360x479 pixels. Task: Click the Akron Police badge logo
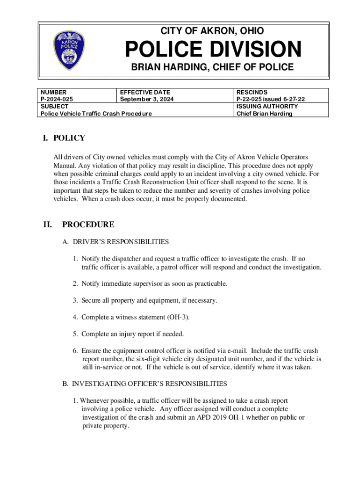point(70,51)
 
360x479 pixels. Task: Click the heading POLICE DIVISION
point(212,50)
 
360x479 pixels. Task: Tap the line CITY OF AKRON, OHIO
point(212,31)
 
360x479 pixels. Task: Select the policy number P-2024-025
point(57,99)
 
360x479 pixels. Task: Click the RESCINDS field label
point(252,92)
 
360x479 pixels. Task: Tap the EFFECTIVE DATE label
point(145,92)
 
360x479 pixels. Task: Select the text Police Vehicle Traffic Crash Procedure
point(96,114)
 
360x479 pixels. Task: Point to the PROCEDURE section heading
point(88,225)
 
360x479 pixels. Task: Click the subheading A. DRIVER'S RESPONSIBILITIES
point(115,242)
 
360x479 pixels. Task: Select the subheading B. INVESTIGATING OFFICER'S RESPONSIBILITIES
point(145,384)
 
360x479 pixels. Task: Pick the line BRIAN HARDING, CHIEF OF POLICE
point(212,67)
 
